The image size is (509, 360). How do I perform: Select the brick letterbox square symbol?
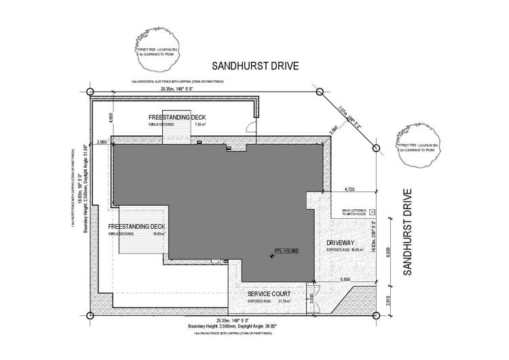[x=372, y=212]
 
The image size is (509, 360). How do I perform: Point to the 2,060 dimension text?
[x=102, y=141]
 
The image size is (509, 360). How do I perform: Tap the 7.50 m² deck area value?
[x=200, y=126]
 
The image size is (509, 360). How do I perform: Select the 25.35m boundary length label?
[x=234, y=320]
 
